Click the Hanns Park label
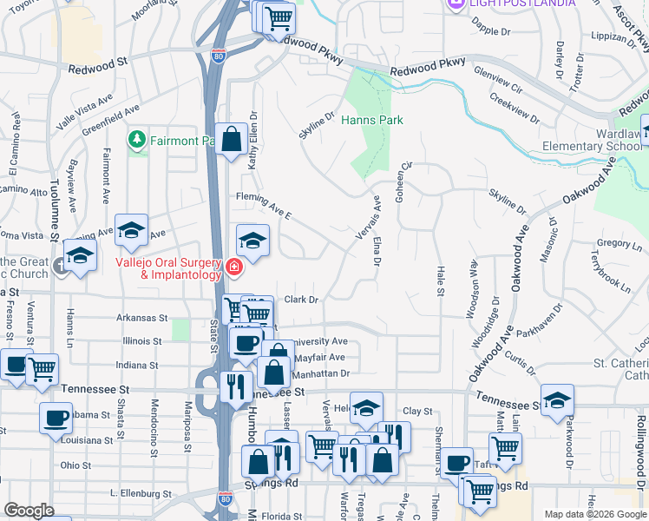click(371, 120)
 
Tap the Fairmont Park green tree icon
click(136, 139)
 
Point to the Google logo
click(29, 511)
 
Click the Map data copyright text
click(595, 514)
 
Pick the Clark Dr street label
click(302, 300)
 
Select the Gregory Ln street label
click(618, 244)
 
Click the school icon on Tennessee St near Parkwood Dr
click(557, 399)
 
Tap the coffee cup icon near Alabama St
click(56, 418)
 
